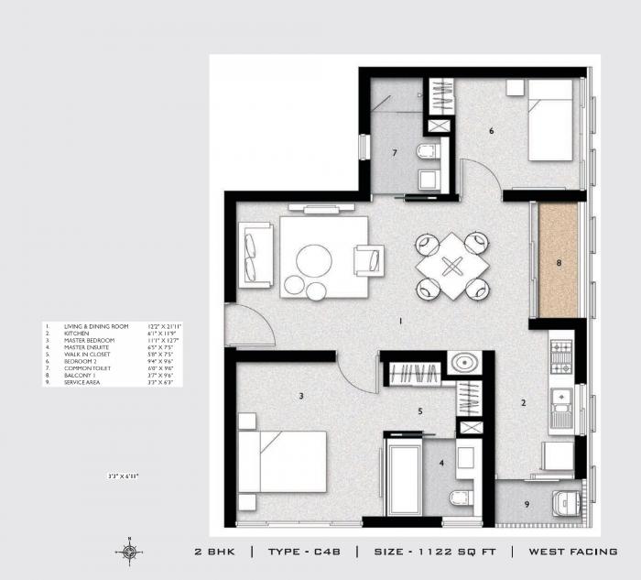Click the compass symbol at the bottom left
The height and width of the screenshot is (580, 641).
(x=127, y=551)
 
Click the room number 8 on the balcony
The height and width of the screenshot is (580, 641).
(x=558, y=263)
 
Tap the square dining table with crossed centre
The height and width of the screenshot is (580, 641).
(x=451, y=267)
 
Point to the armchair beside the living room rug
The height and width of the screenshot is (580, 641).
(x=372, y=259)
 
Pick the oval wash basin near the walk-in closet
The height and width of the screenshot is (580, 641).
(x=465, y=364)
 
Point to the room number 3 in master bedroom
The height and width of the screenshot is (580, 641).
(x=300, y=396)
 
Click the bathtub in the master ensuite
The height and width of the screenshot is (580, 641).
(x=402, y=476)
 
